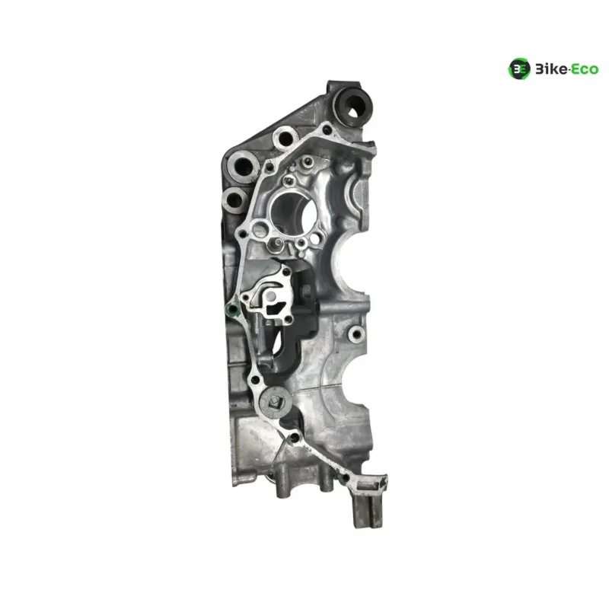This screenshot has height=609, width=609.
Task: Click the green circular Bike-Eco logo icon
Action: pyautogui.click(x=519, y=69)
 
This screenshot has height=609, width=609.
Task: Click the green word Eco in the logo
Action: pyautogui.click(x=585, y=69)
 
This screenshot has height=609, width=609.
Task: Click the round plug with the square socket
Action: pyautogui.click(x=276, y=401)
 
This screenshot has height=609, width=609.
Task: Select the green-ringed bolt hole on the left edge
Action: pyautogui.click(x=233, y=310)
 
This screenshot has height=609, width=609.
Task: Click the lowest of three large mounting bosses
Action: pyautogui.click(x=235, y=201)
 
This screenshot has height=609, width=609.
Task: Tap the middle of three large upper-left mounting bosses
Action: pyautogui.click(x=244, y=166)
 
